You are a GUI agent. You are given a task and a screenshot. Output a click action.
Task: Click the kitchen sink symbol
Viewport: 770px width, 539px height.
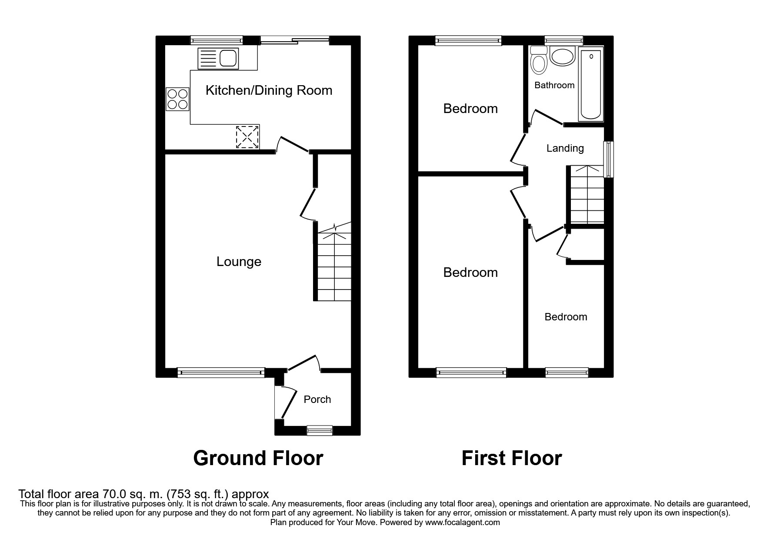218,58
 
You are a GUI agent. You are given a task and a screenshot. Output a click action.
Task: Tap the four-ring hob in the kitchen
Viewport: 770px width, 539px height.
177,99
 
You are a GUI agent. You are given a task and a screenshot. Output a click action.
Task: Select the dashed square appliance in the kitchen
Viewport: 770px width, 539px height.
247,136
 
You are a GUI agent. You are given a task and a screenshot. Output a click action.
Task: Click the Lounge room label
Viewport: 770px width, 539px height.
239,262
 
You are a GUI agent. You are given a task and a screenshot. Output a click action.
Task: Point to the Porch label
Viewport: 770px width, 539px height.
317,399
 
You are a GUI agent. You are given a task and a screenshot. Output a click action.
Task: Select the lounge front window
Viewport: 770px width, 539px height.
221,372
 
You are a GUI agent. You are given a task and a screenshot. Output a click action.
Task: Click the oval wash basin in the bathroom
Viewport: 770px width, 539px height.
563,56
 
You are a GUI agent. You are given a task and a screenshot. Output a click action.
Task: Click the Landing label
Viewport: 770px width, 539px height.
565,148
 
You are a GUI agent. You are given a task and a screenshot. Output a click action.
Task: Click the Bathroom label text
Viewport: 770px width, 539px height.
554,85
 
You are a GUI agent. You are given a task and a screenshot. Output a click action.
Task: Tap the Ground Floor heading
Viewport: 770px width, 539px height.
258,458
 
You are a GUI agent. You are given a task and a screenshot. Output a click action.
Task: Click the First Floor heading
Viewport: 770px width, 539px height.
512,458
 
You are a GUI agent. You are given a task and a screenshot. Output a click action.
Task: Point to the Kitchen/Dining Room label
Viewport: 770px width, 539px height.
269,90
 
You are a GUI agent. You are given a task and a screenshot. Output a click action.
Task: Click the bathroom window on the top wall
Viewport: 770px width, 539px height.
564,40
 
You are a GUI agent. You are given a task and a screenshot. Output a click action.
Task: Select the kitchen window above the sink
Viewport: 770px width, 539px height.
217,40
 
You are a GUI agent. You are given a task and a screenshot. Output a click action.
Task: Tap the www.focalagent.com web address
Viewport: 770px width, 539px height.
463,522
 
